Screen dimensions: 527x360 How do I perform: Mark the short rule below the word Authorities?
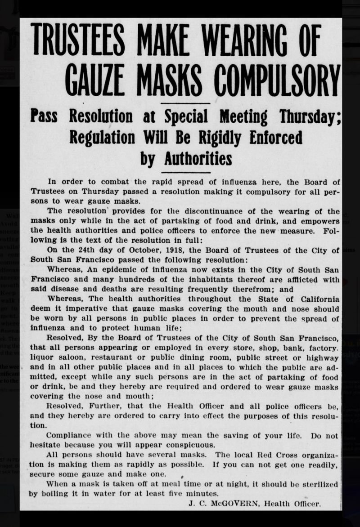tap(185, 172)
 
